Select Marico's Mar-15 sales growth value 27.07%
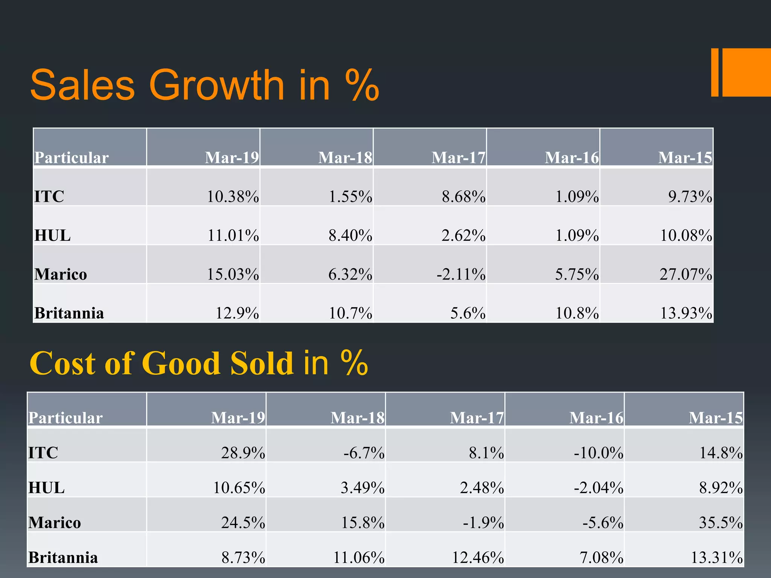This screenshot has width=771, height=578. (686, 274)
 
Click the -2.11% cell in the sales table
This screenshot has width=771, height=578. (461, 274)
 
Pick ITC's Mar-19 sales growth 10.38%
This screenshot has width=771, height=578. (233, 196)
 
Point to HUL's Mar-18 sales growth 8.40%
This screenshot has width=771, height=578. (350, 236)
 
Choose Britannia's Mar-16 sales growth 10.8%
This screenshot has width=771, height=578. (577, 313)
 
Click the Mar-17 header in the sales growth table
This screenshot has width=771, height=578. (458, 157)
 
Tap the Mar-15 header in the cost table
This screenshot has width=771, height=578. (716, 418)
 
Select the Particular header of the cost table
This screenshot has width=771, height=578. (66, 418)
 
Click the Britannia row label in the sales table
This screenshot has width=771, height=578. (69, 313)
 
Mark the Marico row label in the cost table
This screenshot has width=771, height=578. (55, 522)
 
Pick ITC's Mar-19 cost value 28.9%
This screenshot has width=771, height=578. (243, 452)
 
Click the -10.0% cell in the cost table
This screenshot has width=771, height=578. (599, 452)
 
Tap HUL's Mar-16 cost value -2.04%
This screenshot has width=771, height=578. (599, 488)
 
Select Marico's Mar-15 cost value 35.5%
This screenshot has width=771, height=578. (721, 522)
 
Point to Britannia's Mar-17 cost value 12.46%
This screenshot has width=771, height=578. (478, 557)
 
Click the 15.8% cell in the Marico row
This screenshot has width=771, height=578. (363, 522)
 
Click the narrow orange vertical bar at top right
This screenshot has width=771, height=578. (715, 72)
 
